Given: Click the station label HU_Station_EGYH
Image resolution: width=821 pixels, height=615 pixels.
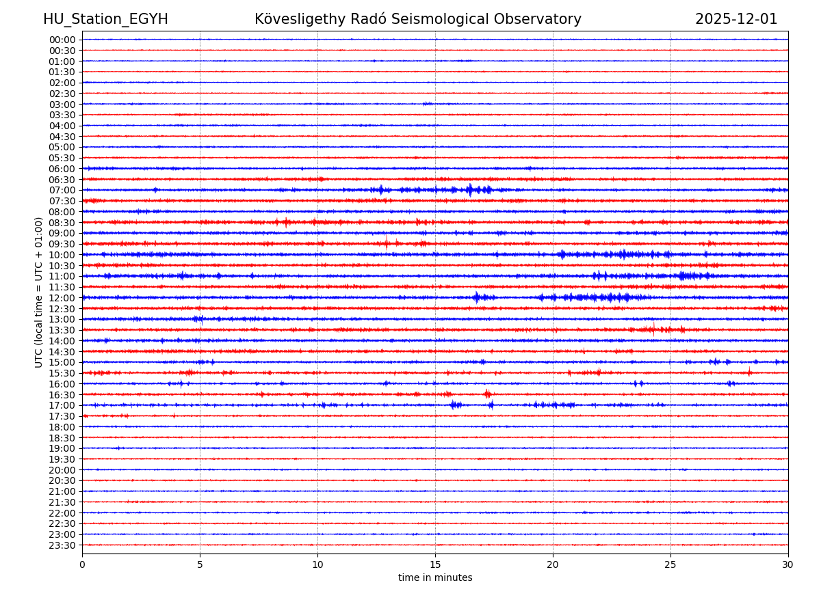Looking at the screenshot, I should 105,19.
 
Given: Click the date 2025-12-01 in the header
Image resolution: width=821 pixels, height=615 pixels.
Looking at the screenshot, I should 736,19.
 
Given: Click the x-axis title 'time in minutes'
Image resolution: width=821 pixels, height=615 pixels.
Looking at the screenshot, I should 435,577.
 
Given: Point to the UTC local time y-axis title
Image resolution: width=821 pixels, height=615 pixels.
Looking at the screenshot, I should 39,292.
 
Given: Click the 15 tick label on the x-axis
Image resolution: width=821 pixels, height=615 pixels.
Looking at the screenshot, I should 435,564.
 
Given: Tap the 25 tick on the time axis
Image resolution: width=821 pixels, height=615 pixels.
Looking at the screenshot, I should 670,564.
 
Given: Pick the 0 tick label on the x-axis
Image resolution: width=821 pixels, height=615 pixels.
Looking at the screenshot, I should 82,564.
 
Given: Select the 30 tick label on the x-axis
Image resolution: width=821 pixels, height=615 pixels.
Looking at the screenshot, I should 788,564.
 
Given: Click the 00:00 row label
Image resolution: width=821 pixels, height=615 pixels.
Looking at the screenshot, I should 62,40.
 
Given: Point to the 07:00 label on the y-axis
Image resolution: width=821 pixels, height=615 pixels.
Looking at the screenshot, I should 62,190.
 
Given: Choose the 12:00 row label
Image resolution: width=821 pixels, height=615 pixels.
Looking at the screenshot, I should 62,298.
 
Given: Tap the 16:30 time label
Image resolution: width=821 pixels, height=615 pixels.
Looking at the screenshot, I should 62,395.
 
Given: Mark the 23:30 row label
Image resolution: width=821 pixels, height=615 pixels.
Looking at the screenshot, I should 62,545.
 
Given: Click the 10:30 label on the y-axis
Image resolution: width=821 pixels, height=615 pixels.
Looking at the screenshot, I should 62,266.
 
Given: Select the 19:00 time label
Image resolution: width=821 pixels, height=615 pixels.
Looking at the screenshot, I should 62,448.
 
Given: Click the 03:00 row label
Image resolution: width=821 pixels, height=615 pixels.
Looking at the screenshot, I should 62,104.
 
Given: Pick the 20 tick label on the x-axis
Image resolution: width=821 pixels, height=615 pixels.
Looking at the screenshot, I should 553,564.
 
